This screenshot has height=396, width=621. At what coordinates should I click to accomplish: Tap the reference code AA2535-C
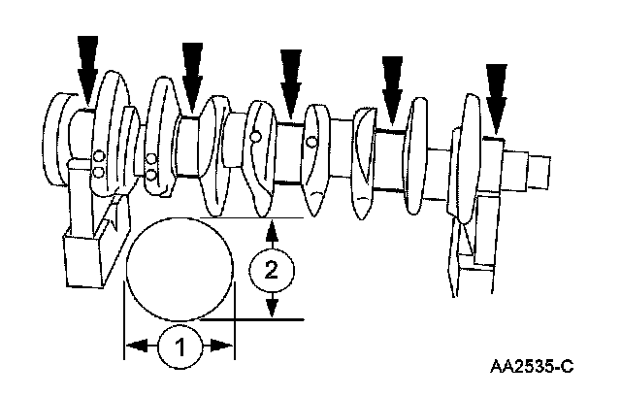click(533, 366)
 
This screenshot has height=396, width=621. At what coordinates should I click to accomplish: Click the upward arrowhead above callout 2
click(273, 232)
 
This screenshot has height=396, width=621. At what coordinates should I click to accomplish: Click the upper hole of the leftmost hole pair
click(98, 157)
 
